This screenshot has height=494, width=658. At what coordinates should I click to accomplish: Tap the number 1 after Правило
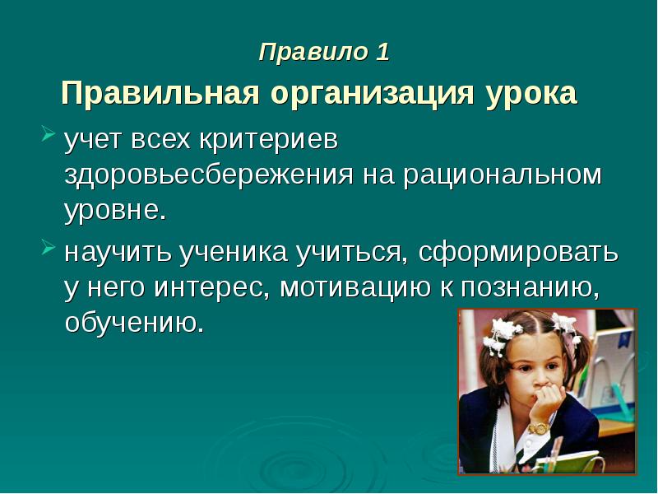coord(382,53)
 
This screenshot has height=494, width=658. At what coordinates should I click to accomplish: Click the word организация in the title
coord(368,94)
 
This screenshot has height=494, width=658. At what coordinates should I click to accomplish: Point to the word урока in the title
coord(530,94)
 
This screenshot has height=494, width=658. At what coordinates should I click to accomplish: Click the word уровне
coord(115,211)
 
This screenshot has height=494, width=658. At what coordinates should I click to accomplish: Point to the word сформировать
coord(517,252)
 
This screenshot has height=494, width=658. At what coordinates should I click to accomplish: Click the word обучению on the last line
coord(133,323)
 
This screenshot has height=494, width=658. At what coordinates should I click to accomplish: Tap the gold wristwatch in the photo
coord(538,429)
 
